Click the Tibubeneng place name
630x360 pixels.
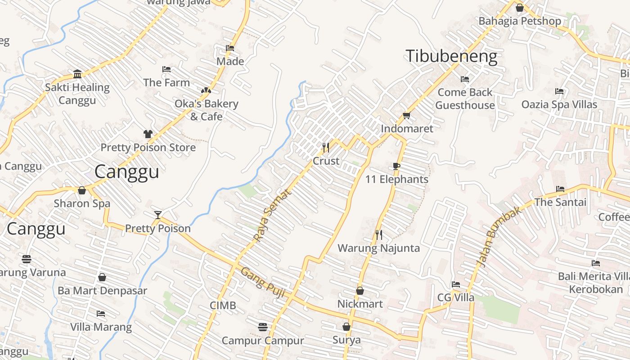451,57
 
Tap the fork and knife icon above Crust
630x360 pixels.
326,147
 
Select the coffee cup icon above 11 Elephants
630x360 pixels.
396,166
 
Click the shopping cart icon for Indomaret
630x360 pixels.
406,115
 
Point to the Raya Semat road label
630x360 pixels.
272,215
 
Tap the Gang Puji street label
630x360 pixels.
263,283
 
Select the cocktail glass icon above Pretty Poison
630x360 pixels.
157,215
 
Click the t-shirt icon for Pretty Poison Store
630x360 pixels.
148,134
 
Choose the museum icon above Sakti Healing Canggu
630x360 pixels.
77,74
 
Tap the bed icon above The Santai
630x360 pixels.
560,189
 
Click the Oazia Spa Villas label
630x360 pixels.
559,104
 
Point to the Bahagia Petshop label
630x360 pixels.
519,21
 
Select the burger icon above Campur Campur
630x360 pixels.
263,327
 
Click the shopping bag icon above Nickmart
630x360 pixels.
360,291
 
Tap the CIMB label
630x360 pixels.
223,306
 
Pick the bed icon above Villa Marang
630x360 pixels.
101,313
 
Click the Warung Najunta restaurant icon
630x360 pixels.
378,234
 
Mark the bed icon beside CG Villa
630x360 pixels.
455,284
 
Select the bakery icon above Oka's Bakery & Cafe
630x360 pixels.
206,90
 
